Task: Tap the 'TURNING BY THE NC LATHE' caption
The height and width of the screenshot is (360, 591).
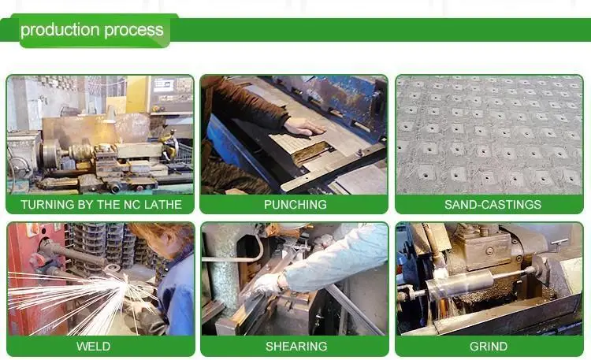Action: click(101, 204)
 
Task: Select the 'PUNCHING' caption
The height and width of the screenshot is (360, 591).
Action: click(295, 204)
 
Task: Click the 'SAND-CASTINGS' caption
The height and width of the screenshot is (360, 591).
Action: click(492, 204)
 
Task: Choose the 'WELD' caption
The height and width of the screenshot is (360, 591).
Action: click(93, 347)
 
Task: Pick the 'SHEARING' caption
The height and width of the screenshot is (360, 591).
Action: click(295, 347)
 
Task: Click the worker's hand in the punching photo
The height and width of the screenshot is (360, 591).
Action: click(303, 126)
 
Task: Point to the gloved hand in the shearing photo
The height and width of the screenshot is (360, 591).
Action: click(266, 285)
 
